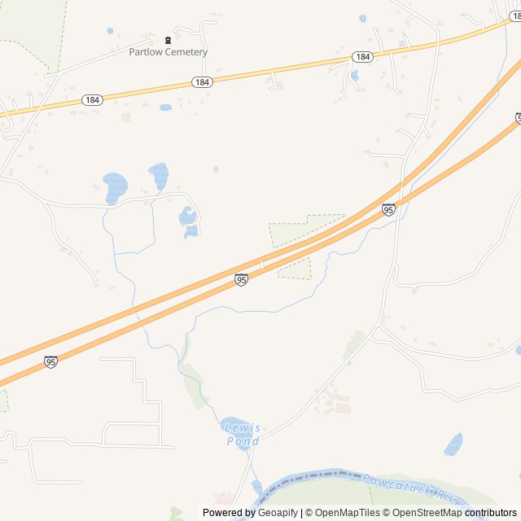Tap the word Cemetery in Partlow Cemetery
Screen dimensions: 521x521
coord(186,52)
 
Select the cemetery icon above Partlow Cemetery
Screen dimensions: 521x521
coord(169,40)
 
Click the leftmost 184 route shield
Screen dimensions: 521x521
coord(93,99)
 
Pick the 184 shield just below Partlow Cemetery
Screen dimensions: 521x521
coord(202,82)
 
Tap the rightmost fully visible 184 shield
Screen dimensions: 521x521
coord(363,57)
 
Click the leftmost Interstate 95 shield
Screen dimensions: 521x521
coord(51,361)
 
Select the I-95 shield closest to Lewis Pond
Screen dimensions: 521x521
coord(242,279)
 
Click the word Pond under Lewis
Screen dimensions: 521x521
coord(243,441)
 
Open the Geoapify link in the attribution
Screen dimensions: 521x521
coord(278,513)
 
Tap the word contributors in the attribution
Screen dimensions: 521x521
coord(491,513)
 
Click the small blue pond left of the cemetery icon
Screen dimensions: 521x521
coord(110,31)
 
